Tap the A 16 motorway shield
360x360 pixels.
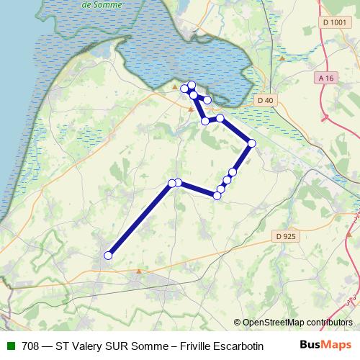[x=327, y=77]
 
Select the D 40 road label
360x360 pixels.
[x=266, y=100]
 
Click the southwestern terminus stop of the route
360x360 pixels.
[x=109, y=255]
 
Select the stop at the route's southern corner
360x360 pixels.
[x=217, y=195]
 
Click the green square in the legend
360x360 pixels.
[x=11, y=346]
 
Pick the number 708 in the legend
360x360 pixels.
[x=30, y=346]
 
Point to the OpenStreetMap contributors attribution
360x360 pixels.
[x=297, y=323]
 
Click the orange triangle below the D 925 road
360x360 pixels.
[x=139, y=271]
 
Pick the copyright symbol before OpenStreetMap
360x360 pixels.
[x=238, y=323]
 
